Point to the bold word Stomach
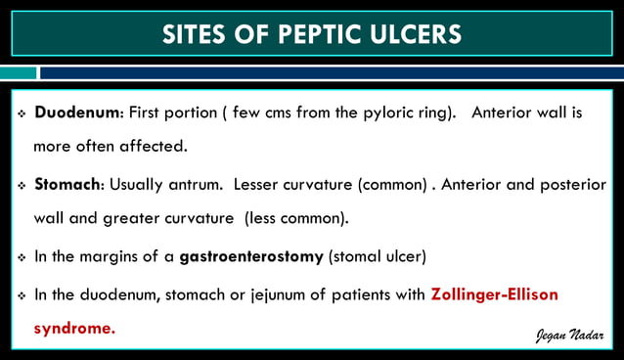click(x=68, y=184)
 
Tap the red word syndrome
click(x=74, y=329)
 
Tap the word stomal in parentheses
click(x=361, y=257)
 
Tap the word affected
click(x=157, y=148)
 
